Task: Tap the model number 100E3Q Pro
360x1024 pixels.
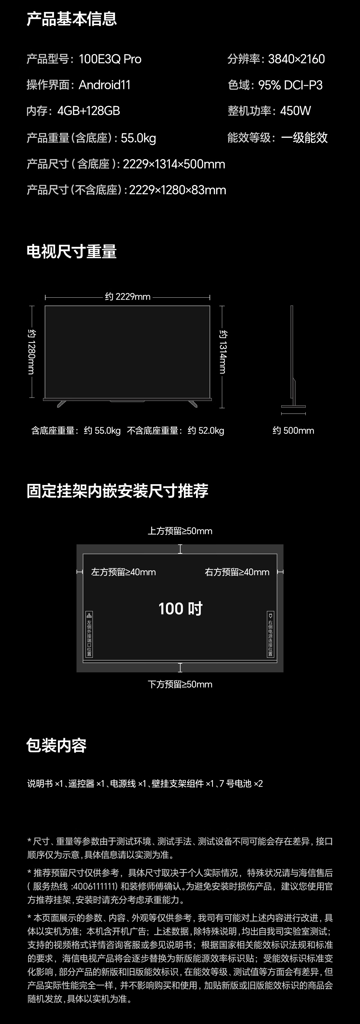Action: click(110, 59)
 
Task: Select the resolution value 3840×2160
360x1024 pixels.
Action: click(296, 59)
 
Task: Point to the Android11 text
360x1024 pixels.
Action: click(105, 85)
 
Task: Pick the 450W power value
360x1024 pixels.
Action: click(295, 111)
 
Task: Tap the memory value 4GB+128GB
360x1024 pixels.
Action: click(89, 111)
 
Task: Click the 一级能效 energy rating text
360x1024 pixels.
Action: click(304, 138)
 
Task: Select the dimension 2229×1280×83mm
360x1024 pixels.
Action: click(178, 190)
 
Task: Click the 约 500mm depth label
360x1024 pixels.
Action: click(293, 430)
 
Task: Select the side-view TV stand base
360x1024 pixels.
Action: click(293, 406)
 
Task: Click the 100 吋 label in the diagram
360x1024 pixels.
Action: click(180, 608)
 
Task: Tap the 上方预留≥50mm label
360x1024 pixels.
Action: click(180, 531)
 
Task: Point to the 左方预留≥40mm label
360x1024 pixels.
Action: click(123, 572)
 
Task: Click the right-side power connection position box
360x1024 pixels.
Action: click(271, 634)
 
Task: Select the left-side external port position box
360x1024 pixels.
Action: click(89, 634)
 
